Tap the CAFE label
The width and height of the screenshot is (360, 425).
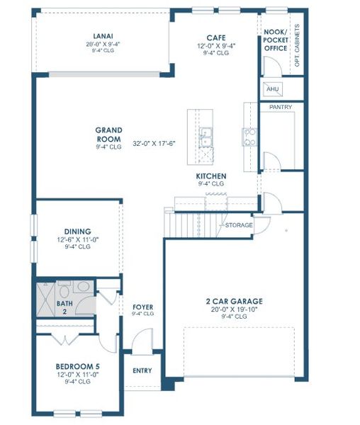click(215, 37)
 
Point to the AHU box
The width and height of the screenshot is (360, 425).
click(271, 89)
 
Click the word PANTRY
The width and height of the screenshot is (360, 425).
click(281, 107)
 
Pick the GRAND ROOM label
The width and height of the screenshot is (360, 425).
click(109, 134)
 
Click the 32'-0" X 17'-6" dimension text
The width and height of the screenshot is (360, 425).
click(153, 142)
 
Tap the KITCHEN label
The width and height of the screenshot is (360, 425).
click(211, 176)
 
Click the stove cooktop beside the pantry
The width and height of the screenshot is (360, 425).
click(249, 136)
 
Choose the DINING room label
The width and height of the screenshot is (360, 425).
click(77, 232)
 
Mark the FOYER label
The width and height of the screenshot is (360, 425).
click(143, 307)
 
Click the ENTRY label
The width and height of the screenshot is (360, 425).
click(142, 370)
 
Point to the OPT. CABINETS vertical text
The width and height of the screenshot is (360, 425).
click(297, 47)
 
